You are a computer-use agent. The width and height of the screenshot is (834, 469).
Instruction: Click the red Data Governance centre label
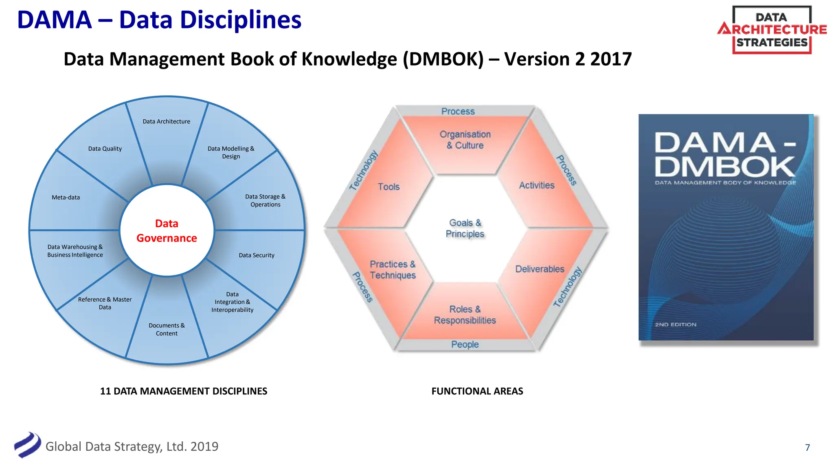(x=167, y=231)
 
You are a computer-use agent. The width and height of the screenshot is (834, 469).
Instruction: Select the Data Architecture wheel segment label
(x=166, y=121)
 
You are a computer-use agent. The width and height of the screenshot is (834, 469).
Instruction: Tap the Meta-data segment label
(x=66, y=197)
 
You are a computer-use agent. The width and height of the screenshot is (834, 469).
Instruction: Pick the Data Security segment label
(x=257, y=255)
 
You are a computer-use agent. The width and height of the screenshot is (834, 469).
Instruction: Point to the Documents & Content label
(x=167, y=329)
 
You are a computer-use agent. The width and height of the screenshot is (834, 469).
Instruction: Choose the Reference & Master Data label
(x=105, y=303)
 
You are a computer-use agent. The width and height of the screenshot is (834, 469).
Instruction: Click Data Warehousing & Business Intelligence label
(x=75, y=251)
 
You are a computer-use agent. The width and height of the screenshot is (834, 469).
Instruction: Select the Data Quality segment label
(x=105, y=149)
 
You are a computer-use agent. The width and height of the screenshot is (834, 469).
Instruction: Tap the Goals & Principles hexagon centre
(x=465, y=228)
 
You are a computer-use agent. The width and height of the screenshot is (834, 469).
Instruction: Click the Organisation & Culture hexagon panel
(x=465, y=140)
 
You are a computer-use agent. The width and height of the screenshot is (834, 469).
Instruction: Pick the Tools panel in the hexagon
(x=388, y=187)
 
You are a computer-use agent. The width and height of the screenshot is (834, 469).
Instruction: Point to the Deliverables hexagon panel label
(x=540, y=269)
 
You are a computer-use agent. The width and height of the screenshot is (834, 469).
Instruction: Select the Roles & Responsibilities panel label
(x=465, y=315)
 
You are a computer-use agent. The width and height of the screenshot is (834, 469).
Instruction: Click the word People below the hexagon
(x=465, y=344)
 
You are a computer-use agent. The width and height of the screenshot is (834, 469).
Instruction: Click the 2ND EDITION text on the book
(x=676, y=324)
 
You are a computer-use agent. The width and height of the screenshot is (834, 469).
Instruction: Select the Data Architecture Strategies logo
(x=772, y=30)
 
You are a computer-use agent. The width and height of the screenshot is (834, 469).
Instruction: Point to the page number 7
(x=807, y=447)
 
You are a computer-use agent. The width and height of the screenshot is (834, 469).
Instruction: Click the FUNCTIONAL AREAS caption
(x=477, y=391)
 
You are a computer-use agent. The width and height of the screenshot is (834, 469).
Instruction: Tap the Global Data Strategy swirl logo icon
(x=27, y=445)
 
